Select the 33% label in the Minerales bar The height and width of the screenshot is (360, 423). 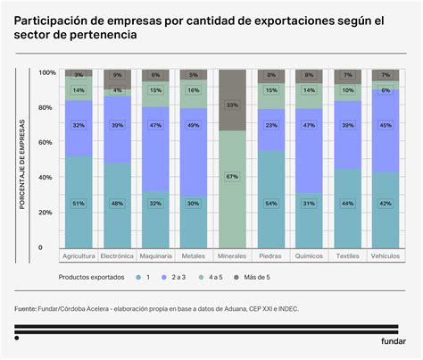[x=233, y=105]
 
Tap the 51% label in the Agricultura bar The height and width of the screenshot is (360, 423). [x=79, y=203]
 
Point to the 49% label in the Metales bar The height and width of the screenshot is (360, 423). [x=194, y=125]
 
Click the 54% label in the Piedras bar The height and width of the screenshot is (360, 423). [x=271, y=203]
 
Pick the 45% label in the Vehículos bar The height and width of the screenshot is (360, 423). [x=386, y=125]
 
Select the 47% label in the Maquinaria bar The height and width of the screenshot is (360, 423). [x=155, y=125]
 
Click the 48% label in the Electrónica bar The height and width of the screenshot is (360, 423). [x=117, y=203]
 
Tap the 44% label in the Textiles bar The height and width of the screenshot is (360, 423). [x=347, y=203]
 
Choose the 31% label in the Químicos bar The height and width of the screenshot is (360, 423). [x=310, y=203]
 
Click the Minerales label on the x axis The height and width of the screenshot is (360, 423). [x=233, y=256]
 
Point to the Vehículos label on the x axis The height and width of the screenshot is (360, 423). [x=386, y=256]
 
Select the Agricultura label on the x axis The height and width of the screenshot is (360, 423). [x=79, y=256]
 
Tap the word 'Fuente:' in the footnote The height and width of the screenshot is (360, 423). [x=25, y=309]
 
